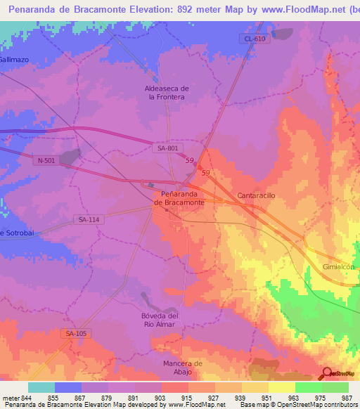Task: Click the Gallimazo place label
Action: (14, 60)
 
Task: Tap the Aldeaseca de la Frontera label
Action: (166, 93)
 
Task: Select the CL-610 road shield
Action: (255, 39)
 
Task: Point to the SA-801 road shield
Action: (167, 147)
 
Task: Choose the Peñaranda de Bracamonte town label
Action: (179, 197)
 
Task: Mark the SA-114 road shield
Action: (89, 220)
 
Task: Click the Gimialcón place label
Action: (341, 268)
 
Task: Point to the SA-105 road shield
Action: (74, 333)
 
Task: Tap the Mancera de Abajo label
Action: (179, 368)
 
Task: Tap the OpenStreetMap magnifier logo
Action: (327, 374)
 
